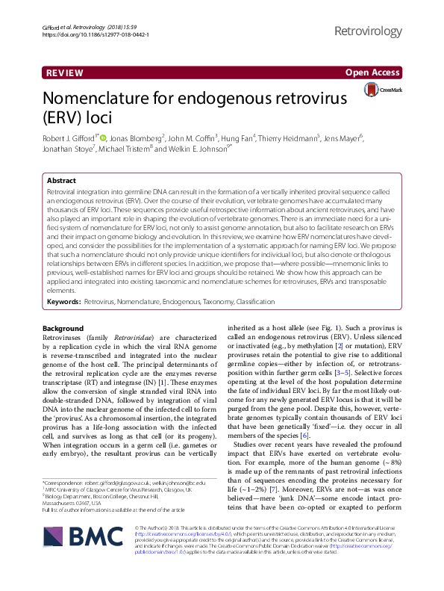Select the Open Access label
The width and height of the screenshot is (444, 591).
(x=372, y=73)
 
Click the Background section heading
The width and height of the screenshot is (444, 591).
(x=63, y=329)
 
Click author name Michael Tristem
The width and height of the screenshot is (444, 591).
(x=151, y=149)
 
